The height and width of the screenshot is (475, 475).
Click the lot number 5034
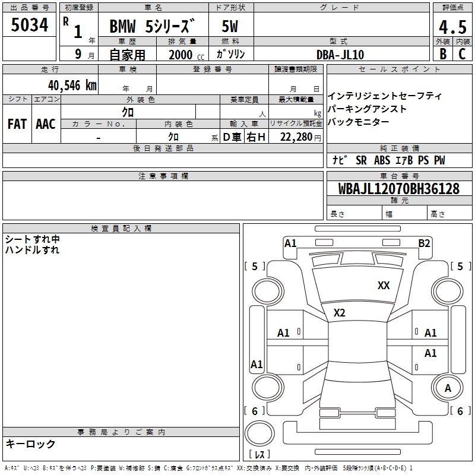coord(29,25)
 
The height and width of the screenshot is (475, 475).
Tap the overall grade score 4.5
coord(452,27)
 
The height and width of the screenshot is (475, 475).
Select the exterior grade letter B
coord(443,54)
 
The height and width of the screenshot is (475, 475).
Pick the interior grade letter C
coord(462,54)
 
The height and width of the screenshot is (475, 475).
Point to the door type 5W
coord(230,26)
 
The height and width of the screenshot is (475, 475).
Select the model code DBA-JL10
coord(340,55)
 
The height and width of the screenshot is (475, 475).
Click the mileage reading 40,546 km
coord(72,85)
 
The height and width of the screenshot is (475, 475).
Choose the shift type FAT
coord(17,124)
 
